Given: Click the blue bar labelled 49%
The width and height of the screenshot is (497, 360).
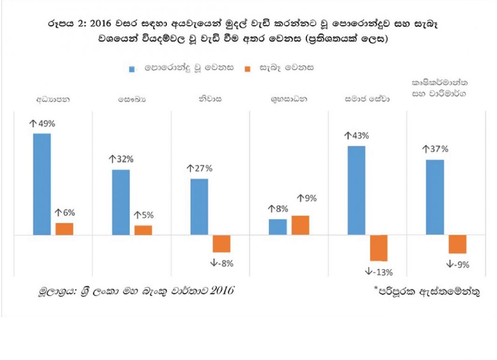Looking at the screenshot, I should coord(42,184).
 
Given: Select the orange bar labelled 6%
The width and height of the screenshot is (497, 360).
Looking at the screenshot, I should coord(64,229).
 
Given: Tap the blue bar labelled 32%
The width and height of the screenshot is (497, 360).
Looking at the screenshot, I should coord(121,202).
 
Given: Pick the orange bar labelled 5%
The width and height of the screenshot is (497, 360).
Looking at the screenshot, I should coord(143,230).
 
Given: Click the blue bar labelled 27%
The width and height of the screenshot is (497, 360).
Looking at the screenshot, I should coord(199,207).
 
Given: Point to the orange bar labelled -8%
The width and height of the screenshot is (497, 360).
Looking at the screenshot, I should coord(222,244).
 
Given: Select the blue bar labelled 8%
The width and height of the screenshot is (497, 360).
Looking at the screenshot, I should coord(278,227).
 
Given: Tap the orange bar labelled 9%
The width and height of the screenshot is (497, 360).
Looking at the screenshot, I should coord(300,225).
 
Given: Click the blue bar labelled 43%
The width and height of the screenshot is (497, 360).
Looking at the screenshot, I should coord(356,191).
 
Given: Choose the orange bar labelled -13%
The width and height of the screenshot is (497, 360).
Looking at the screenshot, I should coord(378,248).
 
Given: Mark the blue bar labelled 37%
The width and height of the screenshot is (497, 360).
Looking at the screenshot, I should coord(435,197).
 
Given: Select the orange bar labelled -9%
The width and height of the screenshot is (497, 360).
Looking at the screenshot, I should coord(457,244).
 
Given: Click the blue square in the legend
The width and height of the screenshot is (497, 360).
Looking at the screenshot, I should coord(132,69).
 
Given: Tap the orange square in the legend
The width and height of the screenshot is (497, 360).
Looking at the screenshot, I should coord(247,69).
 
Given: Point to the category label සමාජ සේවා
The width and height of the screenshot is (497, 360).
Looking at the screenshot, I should coord(367,99).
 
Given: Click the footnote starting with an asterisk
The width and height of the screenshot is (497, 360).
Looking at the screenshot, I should coord(427,292).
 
